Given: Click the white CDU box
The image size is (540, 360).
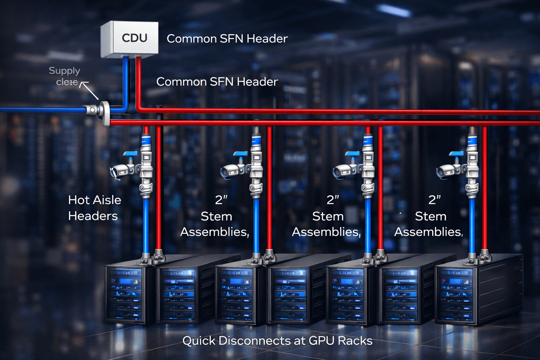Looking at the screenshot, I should coord(129,39).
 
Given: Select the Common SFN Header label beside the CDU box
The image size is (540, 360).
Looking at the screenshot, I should coord(227,39).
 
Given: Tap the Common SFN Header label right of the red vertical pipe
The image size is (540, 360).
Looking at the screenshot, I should coord(217,82).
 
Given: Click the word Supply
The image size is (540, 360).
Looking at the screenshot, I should coord(64,71).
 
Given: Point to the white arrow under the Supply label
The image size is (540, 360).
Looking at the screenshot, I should coord(90,90).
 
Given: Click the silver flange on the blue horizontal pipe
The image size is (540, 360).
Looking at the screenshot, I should coord(104,113).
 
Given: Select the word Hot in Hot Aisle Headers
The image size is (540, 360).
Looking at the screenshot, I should coord(79,200).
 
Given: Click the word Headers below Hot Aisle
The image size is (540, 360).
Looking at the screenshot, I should coord(93,216).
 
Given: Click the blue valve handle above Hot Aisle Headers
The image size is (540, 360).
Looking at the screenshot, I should coord(130,154).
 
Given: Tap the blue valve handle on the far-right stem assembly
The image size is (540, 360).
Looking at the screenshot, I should coord(457,154).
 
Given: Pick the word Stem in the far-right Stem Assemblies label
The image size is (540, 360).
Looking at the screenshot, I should coord(430,216).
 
